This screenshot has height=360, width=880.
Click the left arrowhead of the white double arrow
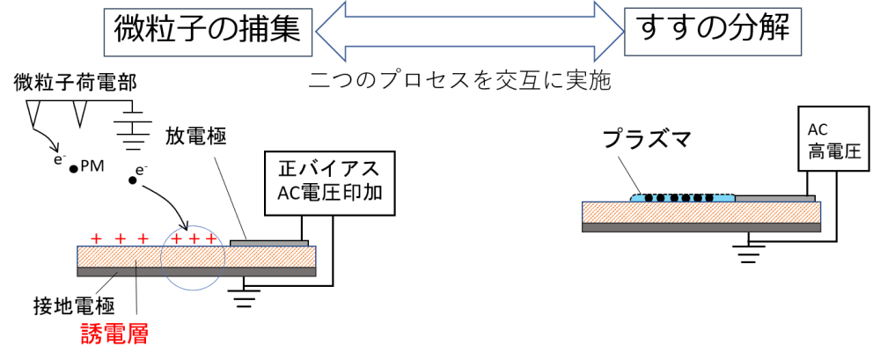327,32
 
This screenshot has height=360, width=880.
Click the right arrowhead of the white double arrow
610,32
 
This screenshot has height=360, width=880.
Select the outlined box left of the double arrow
208,33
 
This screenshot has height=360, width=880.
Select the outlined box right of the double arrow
713,32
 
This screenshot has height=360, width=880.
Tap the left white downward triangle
33,112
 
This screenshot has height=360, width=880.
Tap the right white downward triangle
80,112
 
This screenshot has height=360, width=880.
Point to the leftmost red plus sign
97,239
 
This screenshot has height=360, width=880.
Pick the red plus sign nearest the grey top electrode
210,239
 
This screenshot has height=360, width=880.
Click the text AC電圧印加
329,193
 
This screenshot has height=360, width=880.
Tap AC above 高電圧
818,129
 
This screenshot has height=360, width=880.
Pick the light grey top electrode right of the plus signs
269,243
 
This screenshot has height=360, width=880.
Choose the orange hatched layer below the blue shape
669,212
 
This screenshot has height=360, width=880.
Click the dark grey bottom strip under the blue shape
669,228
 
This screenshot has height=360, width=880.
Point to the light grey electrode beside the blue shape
774,198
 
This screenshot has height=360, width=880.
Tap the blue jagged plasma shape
683,197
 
